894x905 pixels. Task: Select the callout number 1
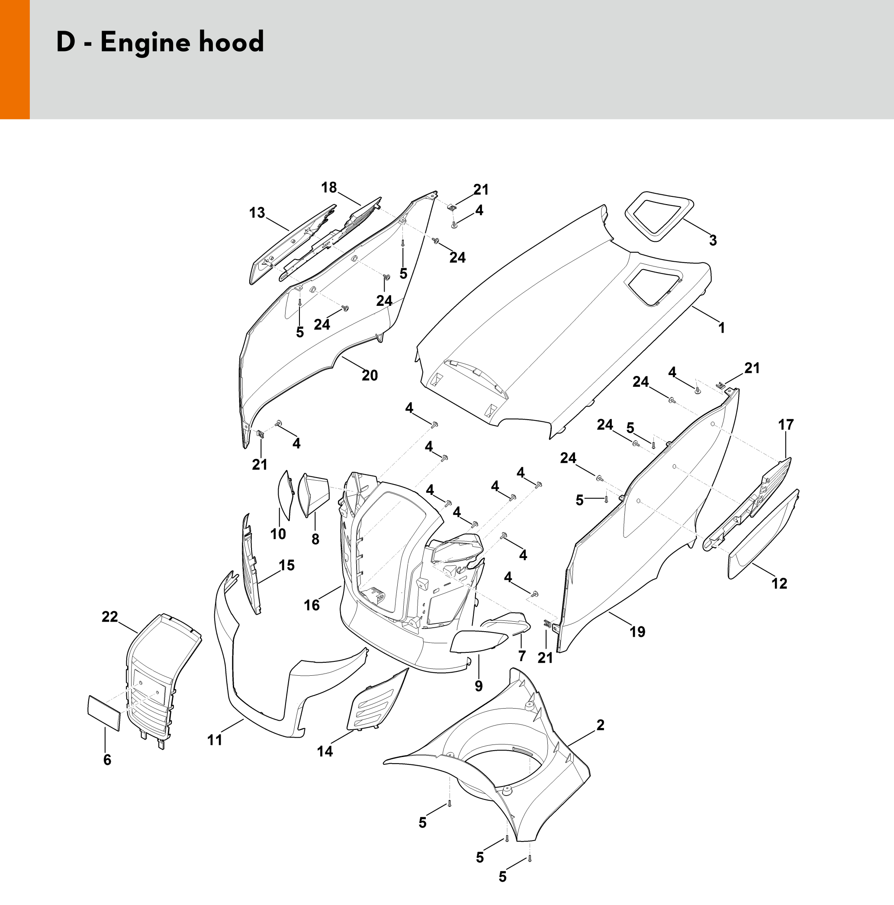click(722, 328)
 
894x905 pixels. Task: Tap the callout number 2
click(600, 725)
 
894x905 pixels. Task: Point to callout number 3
click(713, 241)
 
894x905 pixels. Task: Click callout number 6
click(107, 759)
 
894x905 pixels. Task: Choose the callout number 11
click(215, 740)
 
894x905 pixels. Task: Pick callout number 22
click(109, 617)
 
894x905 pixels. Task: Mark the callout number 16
click(312, 605)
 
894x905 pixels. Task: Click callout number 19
click(637, 632)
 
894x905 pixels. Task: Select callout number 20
click(370, 375)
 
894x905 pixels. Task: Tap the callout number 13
click(257, 213)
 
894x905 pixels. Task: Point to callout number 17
click(786, 425)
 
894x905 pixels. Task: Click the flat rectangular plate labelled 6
click(103, 712)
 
